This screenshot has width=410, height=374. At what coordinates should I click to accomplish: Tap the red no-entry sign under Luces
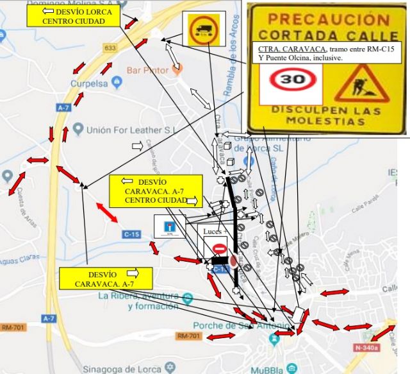[218, 248]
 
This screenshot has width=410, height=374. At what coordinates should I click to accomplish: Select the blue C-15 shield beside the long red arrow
[131, 235]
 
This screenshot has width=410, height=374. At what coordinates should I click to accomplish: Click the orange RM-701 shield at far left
[13, 327]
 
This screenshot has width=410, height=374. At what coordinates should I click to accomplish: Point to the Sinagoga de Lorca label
[122, 368]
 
